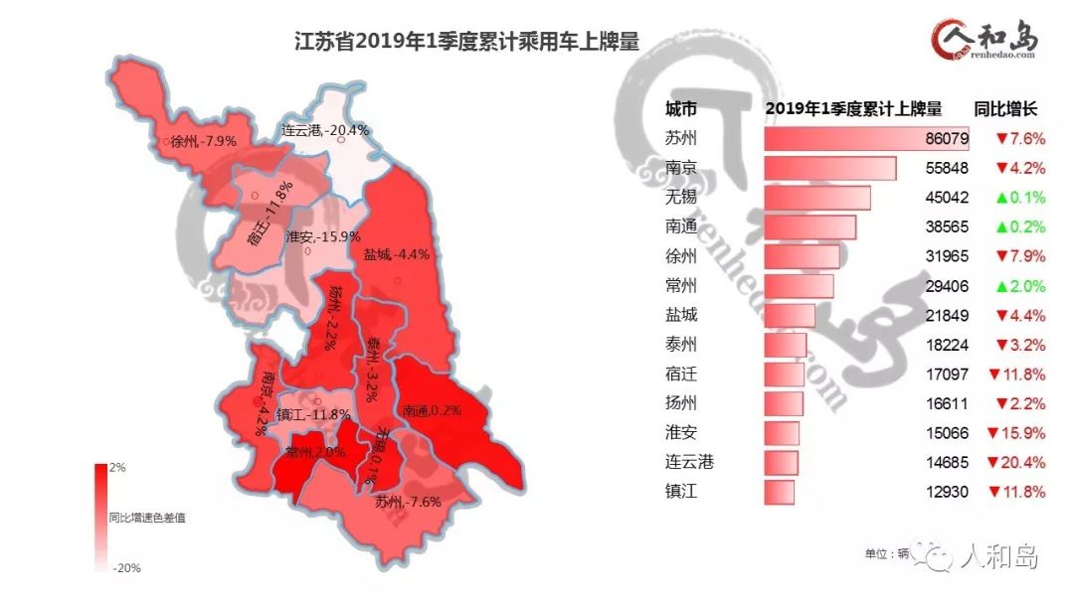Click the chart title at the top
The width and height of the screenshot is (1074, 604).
click(x=466, y=42)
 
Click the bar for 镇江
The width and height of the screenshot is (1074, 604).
click(x=780, y=492)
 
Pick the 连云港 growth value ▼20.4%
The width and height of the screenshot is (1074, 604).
click(x=1014, y=462)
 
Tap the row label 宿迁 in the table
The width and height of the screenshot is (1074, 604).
click(x=681, y=374)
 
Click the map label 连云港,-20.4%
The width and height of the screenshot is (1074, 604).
click(x=325, y=130)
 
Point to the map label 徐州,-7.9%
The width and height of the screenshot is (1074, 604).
click(x=203, y=141)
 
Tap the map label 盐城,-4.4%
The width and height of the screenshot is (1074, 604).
click(x=396, y=253)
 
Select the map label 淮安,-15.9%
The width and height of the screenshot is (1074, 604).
click(x=322, y=236)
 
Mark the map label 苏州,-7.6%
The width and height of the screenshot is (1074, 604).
click(x=408, y=502)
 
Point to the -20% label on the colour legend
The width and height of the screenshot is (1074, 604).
click(x=122, y=568)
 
